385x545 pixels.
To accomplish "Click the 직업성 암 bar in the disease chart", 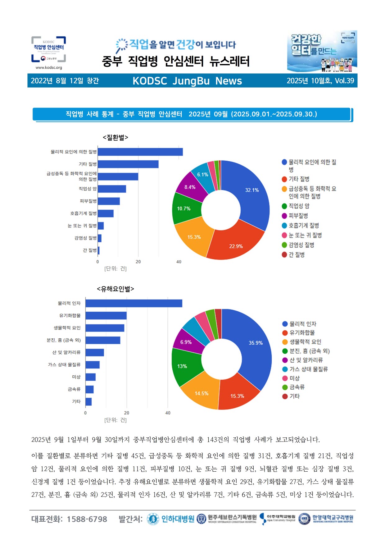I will click(112, 189).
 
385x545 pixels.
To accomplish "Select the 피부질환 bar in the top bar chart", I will click(109, 201).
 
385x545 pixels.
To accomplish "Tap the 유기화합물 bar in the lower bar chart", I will click(106, 316).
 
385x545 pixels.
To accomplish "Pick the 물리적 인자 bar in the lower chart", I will click(134, 303).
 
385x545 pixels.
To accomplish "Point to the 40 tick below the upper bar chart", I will click(179, 262).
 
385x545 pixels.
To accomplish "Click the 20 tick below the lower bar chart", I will click(127, 413).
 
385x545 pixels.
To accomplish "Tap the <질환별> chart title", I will click(115, 137).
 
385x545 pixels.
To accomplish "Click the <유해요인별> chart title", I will click(115, 289).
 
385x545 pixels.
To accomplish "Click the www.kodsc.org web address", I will click(49, 67).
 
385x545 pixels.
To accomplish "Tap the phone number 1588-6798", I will click(87, 519).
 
